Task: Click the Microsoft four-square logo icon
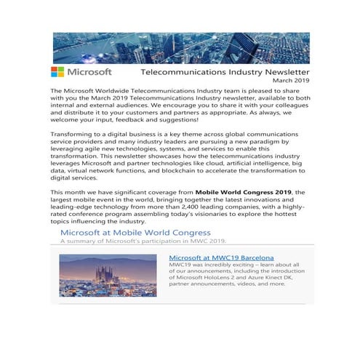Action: pos(57,72)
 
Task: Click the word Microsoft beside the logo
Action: pos(89,72)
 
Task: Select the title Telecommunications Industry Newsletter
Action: pos(224,73)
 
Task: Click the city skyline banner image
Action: pos(180,47)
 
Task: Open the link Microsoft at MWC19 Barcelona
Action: pos(221,257)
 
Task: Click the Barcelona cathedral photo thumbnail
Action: pos(108,275)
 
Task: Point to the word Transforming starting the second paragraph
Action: pos(76,126)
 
